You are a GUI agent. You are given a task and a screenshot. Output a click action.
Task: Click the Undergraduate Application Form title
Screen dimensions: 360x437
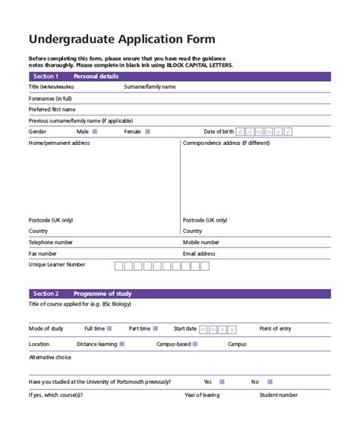point(122,39)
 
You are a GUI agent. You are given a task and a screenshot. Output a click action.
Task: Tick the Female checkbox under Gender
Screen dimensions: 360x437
point(148,131)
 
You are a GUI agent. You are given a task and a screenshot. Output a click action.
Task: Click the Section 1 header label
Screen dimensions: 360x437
point(46,77)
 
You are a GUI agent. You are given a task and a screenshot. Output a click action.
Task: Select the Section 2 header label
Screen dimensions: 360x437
point(46,293)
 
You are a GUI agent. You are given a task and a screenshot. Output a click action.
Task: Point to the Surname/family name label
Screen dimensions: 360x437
point(150,87)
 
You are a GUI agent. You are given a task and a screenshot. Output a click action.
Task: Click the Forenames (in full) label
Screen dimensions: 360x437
point(50,99)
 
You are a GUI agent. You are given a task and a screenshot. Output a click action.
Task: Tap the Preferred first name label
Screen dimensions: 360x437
point(52,109)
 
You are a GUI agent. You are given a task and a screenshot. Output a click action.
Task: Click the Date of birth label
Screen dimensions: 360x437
point(219,131)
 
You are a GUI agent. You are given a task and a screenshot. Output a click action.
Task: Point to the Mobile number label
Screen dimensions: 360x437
point(201,242)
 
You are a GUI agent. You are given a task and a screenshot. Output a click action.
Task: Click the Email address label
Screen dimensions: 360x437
point(199,253)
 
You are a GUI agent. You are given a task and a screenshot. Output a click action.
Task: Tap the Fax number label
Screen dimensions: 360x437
point(43,253)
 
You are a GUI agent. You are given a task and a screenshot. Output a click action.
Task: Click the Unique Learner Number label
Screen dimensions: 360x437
point(57,265)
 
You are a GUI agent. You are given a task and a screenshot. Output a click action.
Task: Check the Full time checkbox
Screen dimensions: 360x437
point(110,329)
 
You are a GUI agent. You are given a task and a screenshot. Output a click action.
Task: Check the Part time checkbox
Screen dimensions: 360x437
point(156,329)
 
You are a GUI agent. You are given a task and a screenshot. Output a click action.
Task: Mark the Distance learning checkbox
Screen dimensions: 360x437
point(123,344)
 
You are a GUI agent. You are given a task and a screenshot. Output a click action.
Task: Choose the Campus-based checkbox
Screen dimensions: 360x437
point(196,344)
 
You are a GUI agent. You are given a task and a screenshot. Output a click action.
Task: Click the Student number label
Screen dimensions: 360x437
point(278,395)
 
